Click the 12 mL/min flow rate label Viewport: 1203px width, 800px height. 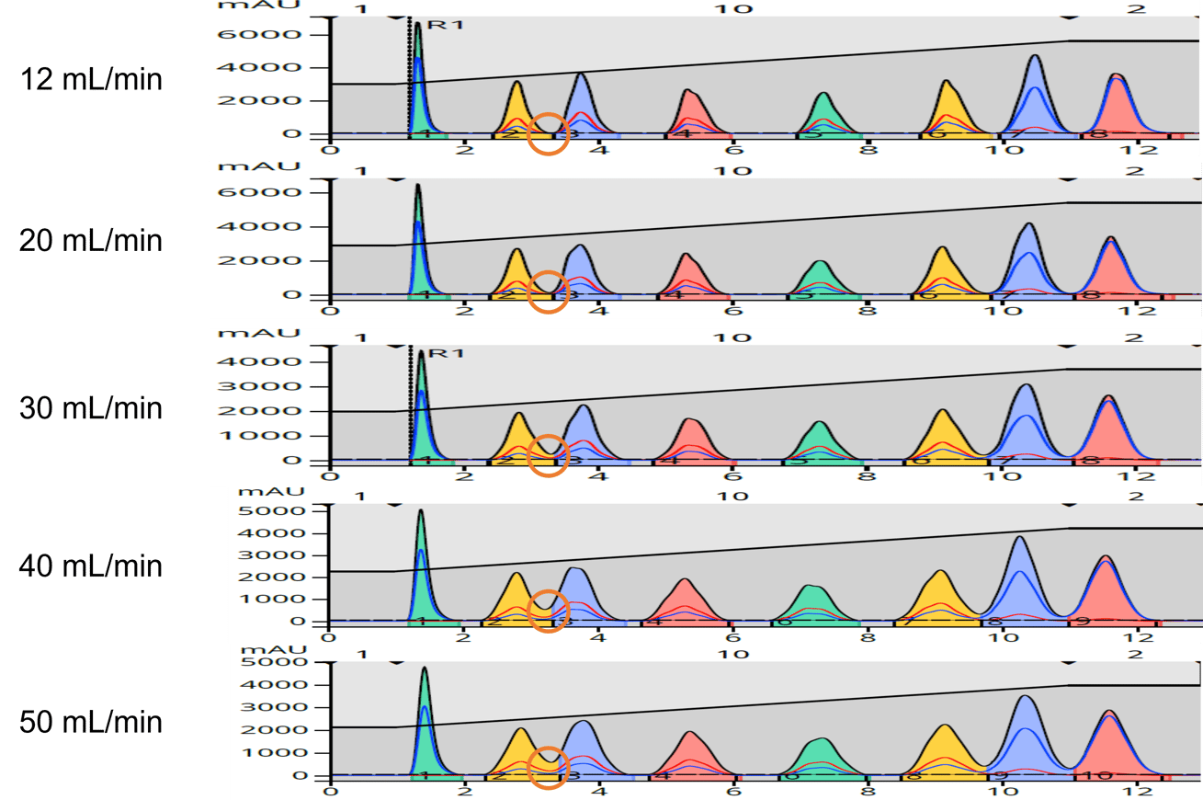(91, 80)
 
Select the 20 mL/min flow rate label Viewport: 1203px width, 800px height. (91, 241)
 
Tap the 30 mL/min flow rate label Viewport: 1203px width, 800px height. (91, 406)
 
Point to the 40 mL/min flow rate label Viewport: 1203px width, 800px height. (91, 565)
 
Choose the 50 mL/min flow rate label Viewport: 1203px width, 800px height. (91, 722)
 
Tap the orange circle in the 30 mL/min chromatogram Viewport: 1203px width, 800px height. (549, 453)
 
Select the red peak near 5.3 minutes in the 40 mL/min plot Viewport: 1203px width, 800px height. (685, 602)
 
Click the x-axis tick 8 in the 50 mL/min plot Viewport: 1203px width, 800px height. (866, 790)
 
